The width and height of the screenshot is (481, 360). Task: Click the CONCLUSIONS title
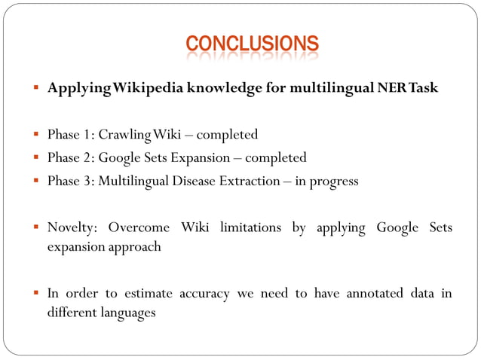[x=253, y=44]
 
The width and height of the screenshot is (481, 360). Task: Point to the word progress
[x=334, y=182]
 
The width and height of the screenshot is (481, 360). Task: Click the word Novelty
[x=71, y=227]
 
